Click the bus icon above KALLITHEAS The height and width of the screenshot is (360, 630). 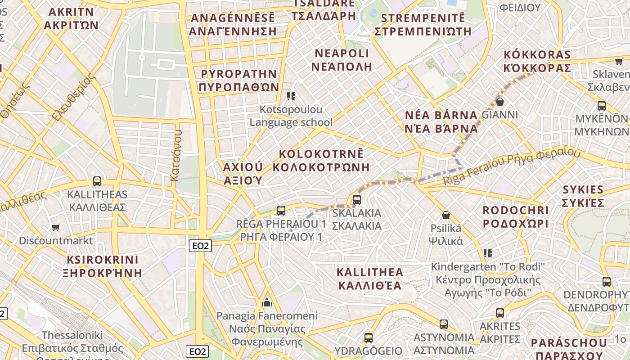(x=97, y=181)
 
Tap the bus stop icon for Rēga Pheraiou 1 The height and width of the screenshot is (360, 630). (x=281, y=210)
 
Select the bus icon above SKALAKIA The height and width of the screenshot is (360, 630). (x=357, y=199)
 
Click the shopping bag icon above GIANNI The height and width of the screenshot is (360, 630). (x=499, y=101)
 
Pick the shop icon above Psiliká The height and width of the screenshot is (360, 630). (x=446, y=215)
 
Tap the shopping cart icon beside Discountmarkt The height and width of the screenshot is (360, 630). (x=55, y=227)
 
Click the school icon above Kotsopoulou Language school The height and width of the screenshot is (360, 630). (x=291, y=96)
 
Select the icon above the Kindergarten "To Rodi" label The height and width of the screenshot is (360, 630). (x=487, y=253)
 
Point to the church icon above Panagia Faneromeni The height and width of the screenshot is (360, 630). (x=267, y=301)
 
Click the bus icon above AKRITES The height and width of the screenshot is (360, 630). (x=499, y=313)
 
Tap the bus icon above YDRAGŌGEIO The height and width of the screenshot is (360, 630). (x=369, y=337)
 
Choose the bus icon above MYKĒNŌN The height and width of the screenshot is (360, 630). (x=601, y=106)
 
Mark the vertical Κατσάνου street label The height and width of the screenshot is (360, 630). (x=175, y=155)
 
